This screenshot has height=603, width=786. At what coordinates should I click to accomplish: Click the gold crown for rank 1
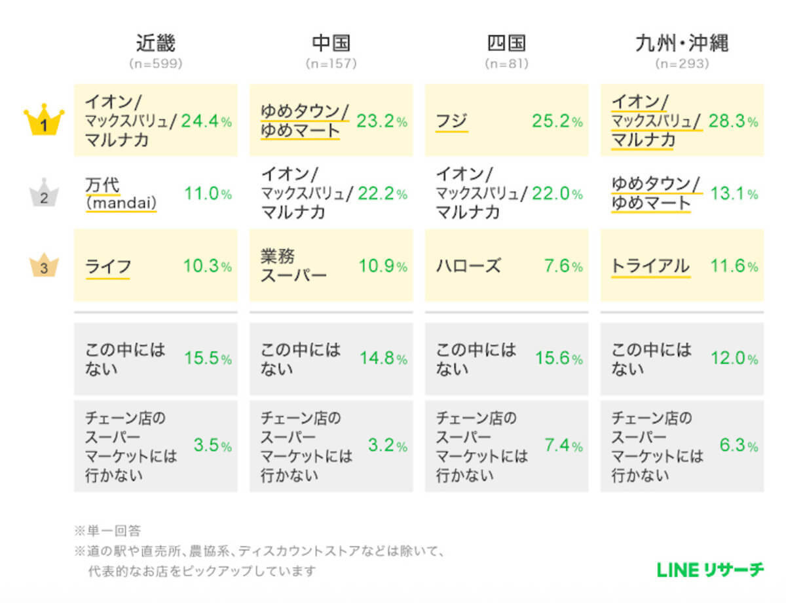tap(44, 121)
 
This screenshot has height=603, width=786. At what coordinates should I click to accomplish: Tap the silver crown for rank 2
tap(44, 194)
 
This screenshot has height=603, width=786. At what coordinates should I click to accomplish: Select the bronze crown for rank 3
tap(44, 266)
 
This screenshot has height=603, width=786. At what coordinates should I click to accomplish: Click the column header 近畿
tap(155, 43)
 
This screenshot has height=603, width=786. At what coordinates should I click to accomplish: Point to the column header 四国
tap(506, 43)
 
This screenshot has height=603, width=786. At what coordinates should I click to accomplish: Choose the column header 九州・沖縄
tap(682, 43)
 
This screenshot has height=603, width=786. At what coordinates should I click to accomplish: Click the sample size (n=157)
tap(331, 64)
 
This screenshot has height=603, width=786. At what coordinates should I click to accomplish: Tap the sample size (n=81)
tap(506, 64)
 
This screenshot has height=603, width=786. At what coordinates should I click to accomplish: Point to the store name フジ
tap(452, 121)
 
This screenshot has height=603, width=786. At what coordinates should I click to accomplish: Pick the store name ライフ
tap(108, 266)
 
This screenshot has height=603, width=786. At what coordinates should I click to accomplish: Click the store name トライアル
tap(650, 266)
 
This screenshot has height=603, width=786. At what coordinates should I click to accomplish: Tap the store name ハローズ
tap(468, 266)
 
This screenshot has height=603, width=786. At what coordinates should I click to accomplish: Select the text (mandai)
tap(121, 204)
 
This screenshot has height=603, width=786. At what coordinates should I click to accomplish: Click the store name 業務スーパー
tap(293, 266)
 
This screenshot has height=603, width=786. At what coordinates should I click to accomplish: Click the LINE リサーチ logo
tap(710, 570)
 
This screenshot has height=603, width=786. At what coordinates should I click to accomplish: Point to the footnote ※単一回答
tap(108, 530)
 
